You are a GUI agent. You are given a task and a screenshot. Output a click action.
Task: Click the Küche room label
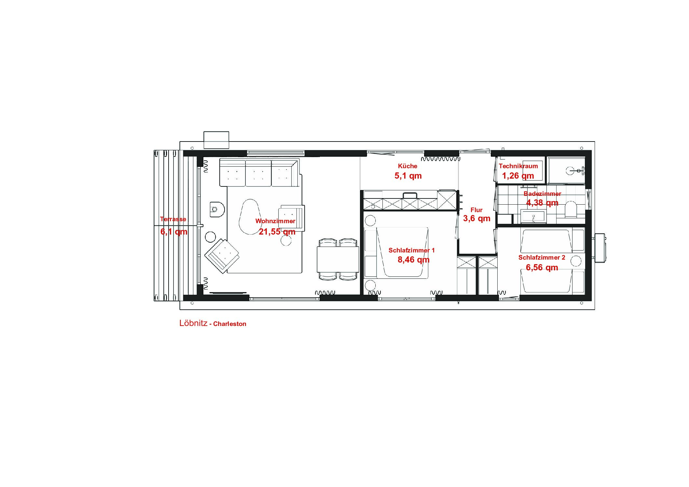(x=407, y=166)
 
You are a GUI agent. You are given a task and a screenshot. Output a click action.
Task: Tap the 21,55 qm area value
(x=277, y=232)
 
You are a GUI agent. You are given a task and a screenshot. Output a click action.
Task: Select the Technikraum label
(x=518, y=166)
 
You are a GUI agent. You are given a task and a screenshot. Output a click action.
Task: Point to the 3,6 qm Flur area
(x=476, y=218)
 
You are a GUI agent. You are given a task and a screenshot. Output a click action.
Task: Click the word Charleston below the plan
(x=230, y=324)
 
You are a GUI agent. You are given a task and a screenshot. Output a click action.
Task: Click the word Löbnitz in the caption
(x=193, y=323)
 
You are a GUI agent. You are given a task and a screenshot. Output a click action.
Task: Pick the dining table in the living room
(x=338, y=259)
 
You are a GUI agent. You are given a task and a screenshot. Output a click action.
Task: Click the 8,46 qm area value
(x=413, y=260)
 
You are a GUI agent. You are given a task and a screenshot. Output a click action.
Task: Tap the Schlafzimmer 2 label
(x=542, y=258)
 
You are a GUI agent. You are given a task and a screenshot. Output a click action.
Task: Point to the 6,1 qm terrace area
(x=174, y=232)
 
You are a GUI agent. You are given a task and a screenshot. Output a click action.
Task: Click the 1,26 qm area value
(x=518, y=176)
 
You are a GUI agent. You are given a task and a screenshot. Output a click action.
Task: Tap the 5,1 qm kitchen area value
(x=408, y=176)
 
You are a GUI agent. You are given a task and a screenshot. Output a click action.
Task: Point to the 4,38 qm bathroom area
(x=542, y=203)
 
